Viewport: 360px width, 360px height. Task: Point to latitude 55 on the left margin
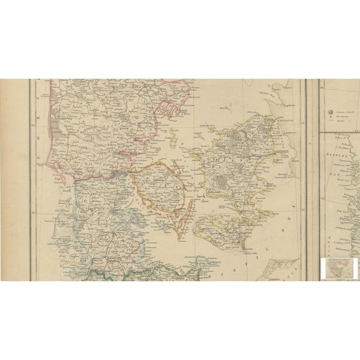[34, 212]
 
